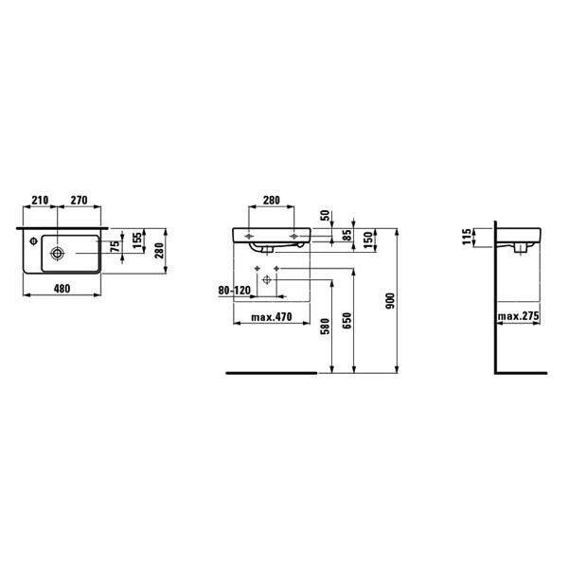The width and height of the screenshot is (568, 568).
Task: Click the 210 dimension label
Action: coord(40,200)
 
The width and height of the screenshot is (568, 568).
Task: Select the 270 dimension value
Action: coord(79,200)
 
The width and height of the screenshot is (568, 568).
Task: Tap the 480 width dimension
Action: coord(62,289)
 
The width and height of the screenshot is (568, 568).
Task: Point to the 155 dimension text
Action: coord(137,240)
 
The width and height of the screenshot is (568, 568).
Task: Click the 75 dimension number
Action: coord(115,246)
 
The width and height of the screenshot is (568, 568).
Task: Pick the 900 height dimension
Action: coord(390,301)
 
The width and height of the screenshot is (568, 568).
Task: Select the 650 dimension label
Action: coord(346,321)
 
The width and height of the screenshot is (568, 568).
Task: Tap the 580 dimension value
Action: coord(326,326)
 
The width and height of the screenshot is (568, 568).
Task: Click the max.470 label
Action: coord(272,317)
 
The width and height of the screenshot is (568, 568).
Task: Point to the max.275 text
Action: coord(518,316)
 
